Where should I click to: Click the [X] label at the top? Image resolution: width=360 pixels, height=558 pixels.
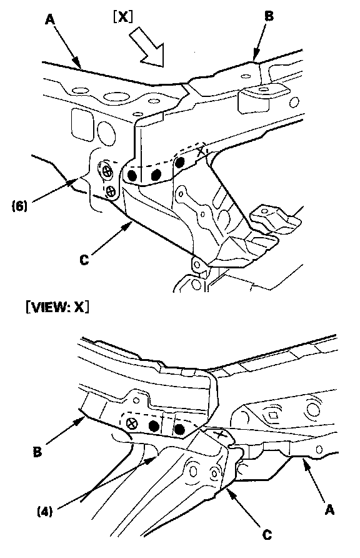[123, 16]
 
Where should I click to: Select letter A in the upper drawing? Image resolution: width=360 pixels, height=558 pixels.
[50, 19]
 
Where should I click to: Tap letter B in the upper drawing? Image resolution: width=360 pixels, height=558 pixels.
[269, 16]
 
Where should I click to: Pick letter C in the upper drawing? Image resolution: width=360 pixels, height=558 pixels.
[84, 260]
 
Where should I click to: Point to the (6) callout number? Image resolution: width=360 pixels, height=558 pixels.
[20, 206]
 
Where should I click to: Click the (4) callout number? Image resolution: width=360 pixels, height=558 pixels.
[45, 512]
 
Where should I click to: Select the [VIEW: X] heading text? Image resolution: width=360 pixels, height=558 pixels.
[57, 307]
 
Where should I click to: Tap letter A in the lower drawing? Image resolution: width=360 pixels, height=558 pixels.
[330, 510]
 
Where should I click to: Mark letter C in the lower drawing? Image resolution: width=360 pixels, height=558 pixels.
[267, 534]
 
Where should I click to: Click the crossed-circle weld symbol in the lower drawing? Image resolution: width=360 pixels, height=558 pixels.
[132, 424]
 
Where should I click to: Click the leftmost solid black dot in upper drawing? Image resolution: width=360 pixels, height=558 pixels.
[132, 175]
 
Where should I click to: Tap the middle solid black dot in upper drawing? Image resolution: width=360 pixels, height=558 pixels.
[156, 175]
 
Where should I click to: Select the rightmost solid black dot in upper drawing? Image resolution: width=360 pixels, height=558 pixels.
[179, 163]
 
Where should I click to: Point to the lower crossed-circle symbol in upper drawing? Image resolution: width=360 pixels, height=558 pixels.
[112, 191]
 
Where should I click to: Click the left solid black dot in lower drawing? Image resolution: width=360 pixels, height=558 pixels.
[153, 425]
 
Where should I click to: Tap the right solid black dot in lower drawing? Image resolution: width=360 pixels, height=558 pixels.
[179, 430]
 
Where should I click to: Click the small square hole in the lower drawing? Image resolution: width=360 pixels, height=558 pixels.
[273, 415]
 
